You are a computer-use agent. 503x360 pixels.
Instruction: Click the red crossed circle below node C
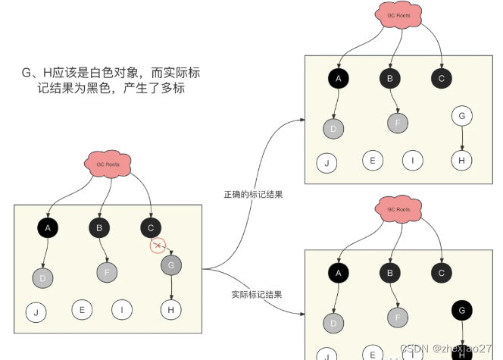coord(158,245)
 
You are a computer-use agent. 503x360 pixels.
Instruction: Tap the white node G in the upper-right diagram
coord(461,116)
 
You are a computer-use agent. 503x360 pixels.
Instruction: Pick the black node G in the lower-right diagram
coord(461,308)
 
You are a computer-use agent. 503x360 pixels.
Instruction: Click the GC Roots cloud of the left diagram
coord(107,164)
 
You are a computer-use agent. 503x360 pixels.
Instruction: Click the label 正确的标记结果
coord(253,195)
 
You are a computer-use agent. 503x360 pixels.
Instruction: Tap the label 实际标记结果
coord(253,293)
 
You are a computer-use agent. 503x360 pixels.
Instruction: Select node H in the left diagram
coord(172,309)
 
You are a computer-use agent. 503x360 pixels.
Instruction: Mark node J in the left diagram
coord(36,311)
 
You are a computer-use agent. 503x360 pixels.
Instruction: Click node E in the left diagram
coord(82,309)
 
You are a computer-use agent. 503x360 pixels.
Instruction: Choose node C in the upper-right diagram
coord(442,77)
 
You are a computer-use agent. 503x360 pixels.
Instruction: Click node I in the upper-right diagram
coord(412,160)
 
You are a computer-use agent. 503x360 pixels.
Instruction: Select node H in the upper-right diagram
coord(461,160)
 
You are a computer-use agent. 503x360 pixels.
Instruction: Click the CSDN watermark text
coord(446,348)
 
